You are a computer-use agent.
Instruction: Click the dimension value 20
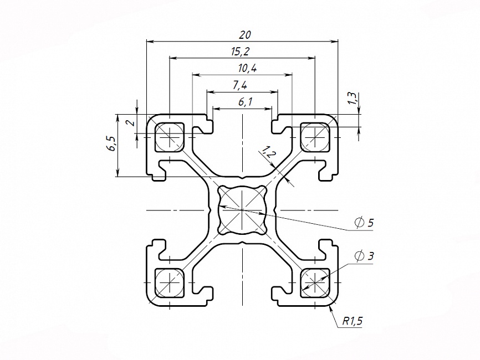tap(243, 34)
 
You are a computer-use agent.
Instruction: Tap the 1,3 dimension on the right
tap(351, 99)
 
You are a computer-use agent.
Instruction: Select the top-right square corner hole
tap(315, 136)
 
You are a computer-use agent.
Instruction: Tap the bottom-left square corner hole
tap(170, 282)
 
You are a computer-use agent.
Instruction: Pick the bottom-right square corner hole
tap(315, 282)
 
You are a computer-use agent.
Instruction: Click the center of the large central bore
tap(242, 210)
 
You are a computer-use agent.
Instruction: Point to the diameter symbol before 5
tap(359, 223)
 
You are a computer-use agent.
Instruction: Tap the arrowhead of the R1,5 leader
tap(331, 307)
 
